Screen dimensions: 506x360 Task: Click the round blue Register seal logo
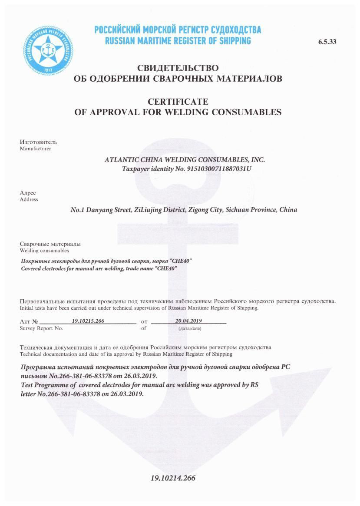[48, 50]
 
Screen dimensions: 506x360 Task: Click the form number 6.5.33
[327, 42]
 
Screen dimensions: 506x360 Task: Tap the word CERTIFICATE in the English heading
[178, 102]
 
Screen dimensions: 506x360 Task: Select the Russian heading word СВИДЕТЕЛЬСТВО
[178, 68]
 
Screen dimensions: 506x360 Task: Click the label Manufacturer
[35, 149]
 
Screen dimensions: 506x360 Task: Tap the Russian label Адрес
[28, 193]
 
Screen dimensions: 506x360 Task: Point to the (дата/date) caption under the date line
[190, 328]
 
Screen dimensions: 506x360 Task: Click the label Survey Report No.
[41, 328]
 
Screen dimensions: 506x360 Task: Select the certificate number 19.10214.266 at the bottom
[173, 478]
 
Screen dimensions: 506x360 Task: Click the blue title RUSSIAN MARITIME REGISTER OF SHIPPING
[178, 41]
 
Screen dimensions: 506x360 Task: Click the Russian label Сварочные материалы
[50, 244]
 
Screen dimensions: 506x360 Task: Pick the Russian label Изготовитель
[38, 142]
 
